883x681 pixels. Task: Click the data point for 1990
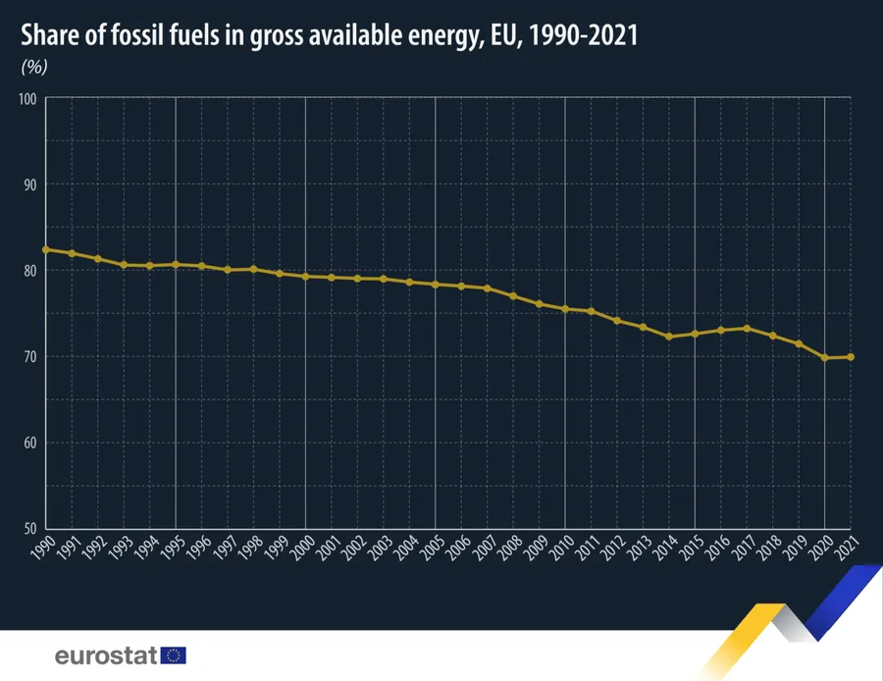[x=45, y=249]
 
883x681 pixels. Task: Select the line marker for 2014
[x=669, y=337]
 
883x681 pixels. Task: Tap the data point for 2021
[x=851, y=357]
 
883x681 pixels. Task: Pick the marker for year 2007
[x=488, y=288]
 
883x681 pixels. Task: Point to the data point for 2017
[x=747, y=328]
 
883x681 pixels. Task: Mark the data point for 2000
[x=305, y=277]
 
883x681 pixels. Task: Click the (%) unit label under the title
[x=34, y=67]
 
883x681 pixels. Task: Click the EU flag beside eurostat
[x=174, y=655]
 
